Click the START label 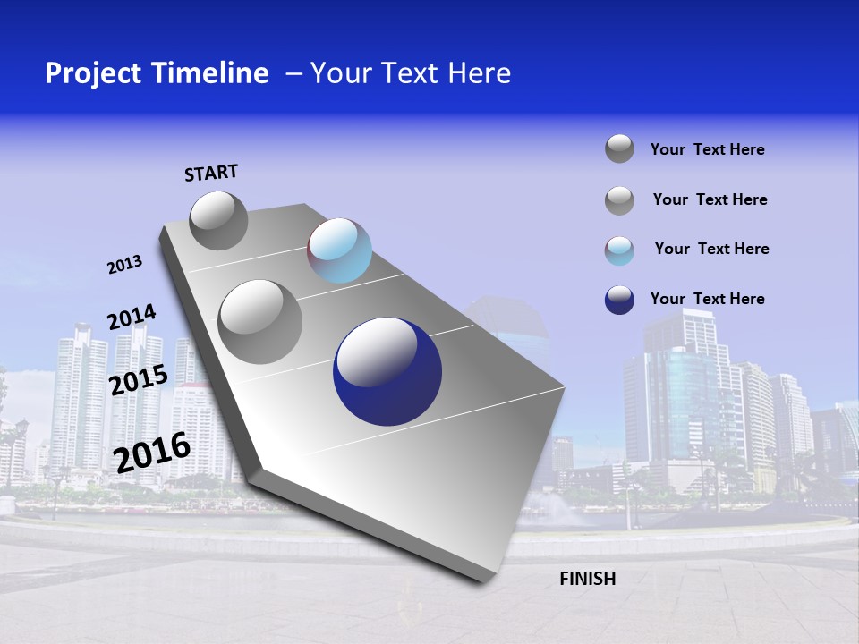click(211, 173)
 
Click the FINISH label click(587, 579)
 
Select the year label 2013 click(124, 265)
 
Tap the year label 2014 click(132, 318)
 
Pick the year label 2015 click(138, 380)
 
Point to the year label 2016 click(152, 452)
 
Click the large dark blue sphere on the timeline click(387, 372)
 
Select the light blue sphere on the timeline click(339, 250)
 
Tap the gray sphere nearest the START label click(218, 220)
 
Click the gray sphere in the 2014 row click(259, 321)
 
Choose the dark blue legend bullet click(619, 300)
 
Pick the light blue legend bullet click(619, 250)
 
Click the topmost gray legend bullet click(619, 148)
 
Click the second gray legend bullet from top click(619, 200)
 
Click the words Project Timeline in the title click(157, 73)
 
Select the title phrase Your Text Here click(411, 73)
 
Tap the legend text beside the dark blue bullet click(707, 299)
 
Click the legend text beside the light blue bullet click(711, 249)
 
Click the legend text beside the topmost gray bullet click(707, 149)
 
